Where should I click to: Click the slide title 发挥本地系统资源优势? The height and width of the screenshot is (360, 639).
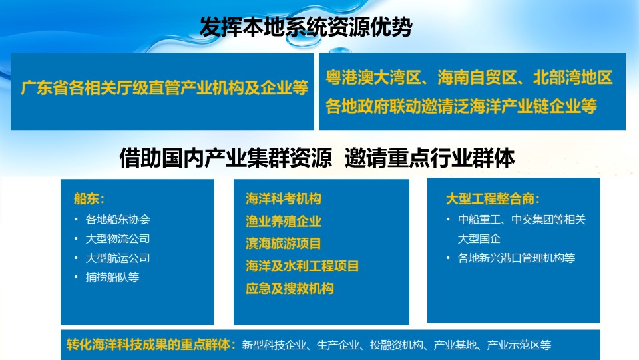pyautogui.click(x=306, y=27)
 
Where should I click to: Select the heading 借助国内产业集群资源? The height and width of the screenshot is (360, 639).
pyautogui.click(x=226, y=158)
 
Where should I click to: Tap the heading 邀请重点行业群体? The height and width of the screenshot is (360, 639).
pyautogui.click(x=429, y=158)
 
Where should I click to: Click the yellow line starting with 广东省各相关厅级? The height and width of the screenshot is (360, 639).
pyautogui.click(x=164, y=88)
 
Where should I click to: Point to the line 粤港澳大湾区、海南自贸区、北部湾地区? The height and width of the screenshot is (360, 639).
pyautogui.click(x=469, y=77)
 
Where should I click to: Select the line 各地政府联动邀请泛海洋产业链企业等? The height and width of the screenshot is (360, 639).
pyautogui.click(x=461, y=106)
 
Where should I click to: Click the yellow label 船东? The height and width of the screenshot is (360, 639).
pyautogui.click(x=89, y=199)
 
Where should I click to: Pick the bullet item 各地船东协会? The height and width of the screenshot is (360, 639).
pyautogui.click(x=118, y=220)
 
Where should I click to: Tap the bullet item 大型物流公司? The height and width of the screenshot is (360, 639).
pyautogui.click(x=118, y=239)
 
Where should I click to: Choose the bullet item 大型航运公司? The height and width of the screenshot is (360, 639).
pyautogui.click(x=118, y=258)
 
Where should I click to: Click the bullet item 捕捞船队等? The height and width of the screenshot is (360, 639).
pyautogui.click(x=112, y=277)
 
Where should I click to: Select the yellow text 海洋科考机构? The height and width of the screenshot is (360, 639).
pyautogui.click(x=284, y=199)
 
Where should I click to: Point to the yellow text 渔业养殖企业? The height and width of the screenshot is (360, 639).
pyautogui.click(x=284, y=221)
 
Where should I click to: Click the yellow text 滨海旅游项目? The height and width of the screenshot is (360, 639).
pyautogui.click(x=284, y=244)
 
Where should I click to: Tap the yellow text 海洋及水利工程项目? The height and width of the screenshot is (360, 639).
pyautogui.click(x=302, y=266)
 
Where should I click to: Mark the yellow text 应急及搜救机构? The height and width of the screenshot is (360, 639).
pyautogui.click(x=290, y=288)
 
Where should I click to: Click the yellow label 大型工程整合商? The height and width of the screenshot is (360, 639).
pyautogui.click(x=493, y=199)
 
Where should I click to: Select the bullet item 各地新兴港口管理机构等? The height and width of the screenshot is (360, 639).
pyautogui.click(x=517, y=258)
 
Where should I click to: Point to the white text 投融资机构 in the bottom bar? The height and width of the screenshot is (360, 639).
pyautogui.click(x=397, y=345)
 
